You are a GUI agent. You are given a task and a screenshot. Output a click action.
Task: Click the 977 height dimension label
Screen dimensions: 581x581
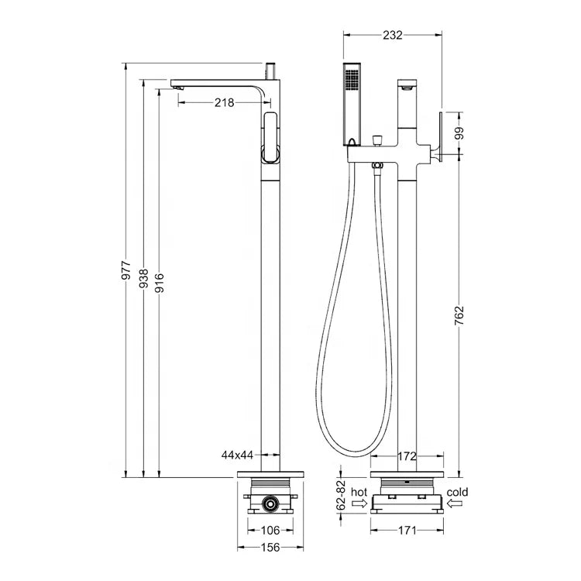127,270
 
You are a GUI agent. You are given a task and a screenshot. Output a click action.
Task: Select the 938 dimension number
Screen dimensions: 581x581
143,278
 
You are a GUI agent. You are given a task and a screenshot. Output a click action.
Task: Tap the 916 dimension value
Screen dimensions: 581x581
160,283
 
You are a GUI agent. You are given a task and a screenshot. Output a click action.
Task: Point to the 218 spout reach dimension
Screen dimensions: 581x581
224,102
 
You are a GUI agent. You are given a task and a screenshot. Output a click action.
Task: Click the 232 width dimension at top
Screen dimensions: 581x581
393,35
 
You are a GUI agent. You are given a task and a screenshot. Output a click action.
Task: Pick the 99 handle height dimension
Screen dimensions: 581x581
459,133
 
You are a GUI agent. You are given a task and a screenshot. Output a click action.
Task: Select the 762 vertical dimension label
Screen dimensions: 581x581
459,315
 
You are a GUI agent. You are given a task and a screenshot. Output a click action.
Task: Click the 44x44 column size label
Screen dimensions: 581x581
237,455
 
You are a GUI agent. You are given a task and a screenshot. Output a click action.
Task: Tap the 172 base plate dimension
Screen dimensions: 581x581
407,456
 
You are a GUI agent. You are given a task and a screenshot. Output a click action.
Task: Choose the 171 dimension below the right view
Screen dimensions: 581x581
407,531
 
